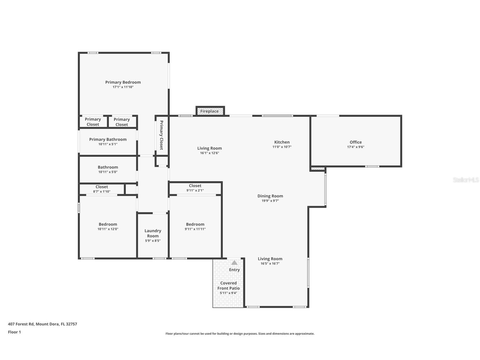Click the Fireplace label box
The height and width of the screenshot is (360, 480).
(210, 111)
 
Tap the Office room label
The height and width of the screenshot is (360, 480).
(356, 142)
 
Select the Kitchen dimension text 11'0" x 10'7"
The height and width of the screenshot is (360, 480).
(282, 147)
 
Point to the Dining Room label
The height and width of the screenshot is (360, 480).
(270, 196)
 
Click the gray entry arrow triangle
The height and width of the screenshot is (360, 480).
(234, 263)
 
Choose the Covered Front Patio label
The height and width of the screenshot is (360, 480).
(229, 286)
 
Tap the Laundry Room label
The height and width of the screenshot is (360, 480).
(153, 233)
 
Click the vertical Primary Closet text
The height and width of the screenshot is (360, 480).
(162, 135)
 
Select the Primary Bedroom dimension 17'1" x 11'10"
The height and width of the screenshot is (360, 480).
(123, 87)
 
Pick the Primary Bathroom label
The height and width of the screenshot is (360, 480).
(108, 139)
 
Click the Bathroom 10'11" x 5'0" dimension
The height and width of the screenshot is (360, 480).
(108, 172)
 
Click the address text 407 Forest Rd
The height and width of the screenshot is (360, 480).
(42, 324)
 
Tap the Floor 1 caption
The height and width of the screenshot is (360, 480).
(14, 332)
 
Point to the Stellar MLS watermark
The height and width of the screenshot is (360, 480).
(466, 180)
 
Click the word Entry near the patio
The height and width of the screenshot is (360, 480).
(234, 270)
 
